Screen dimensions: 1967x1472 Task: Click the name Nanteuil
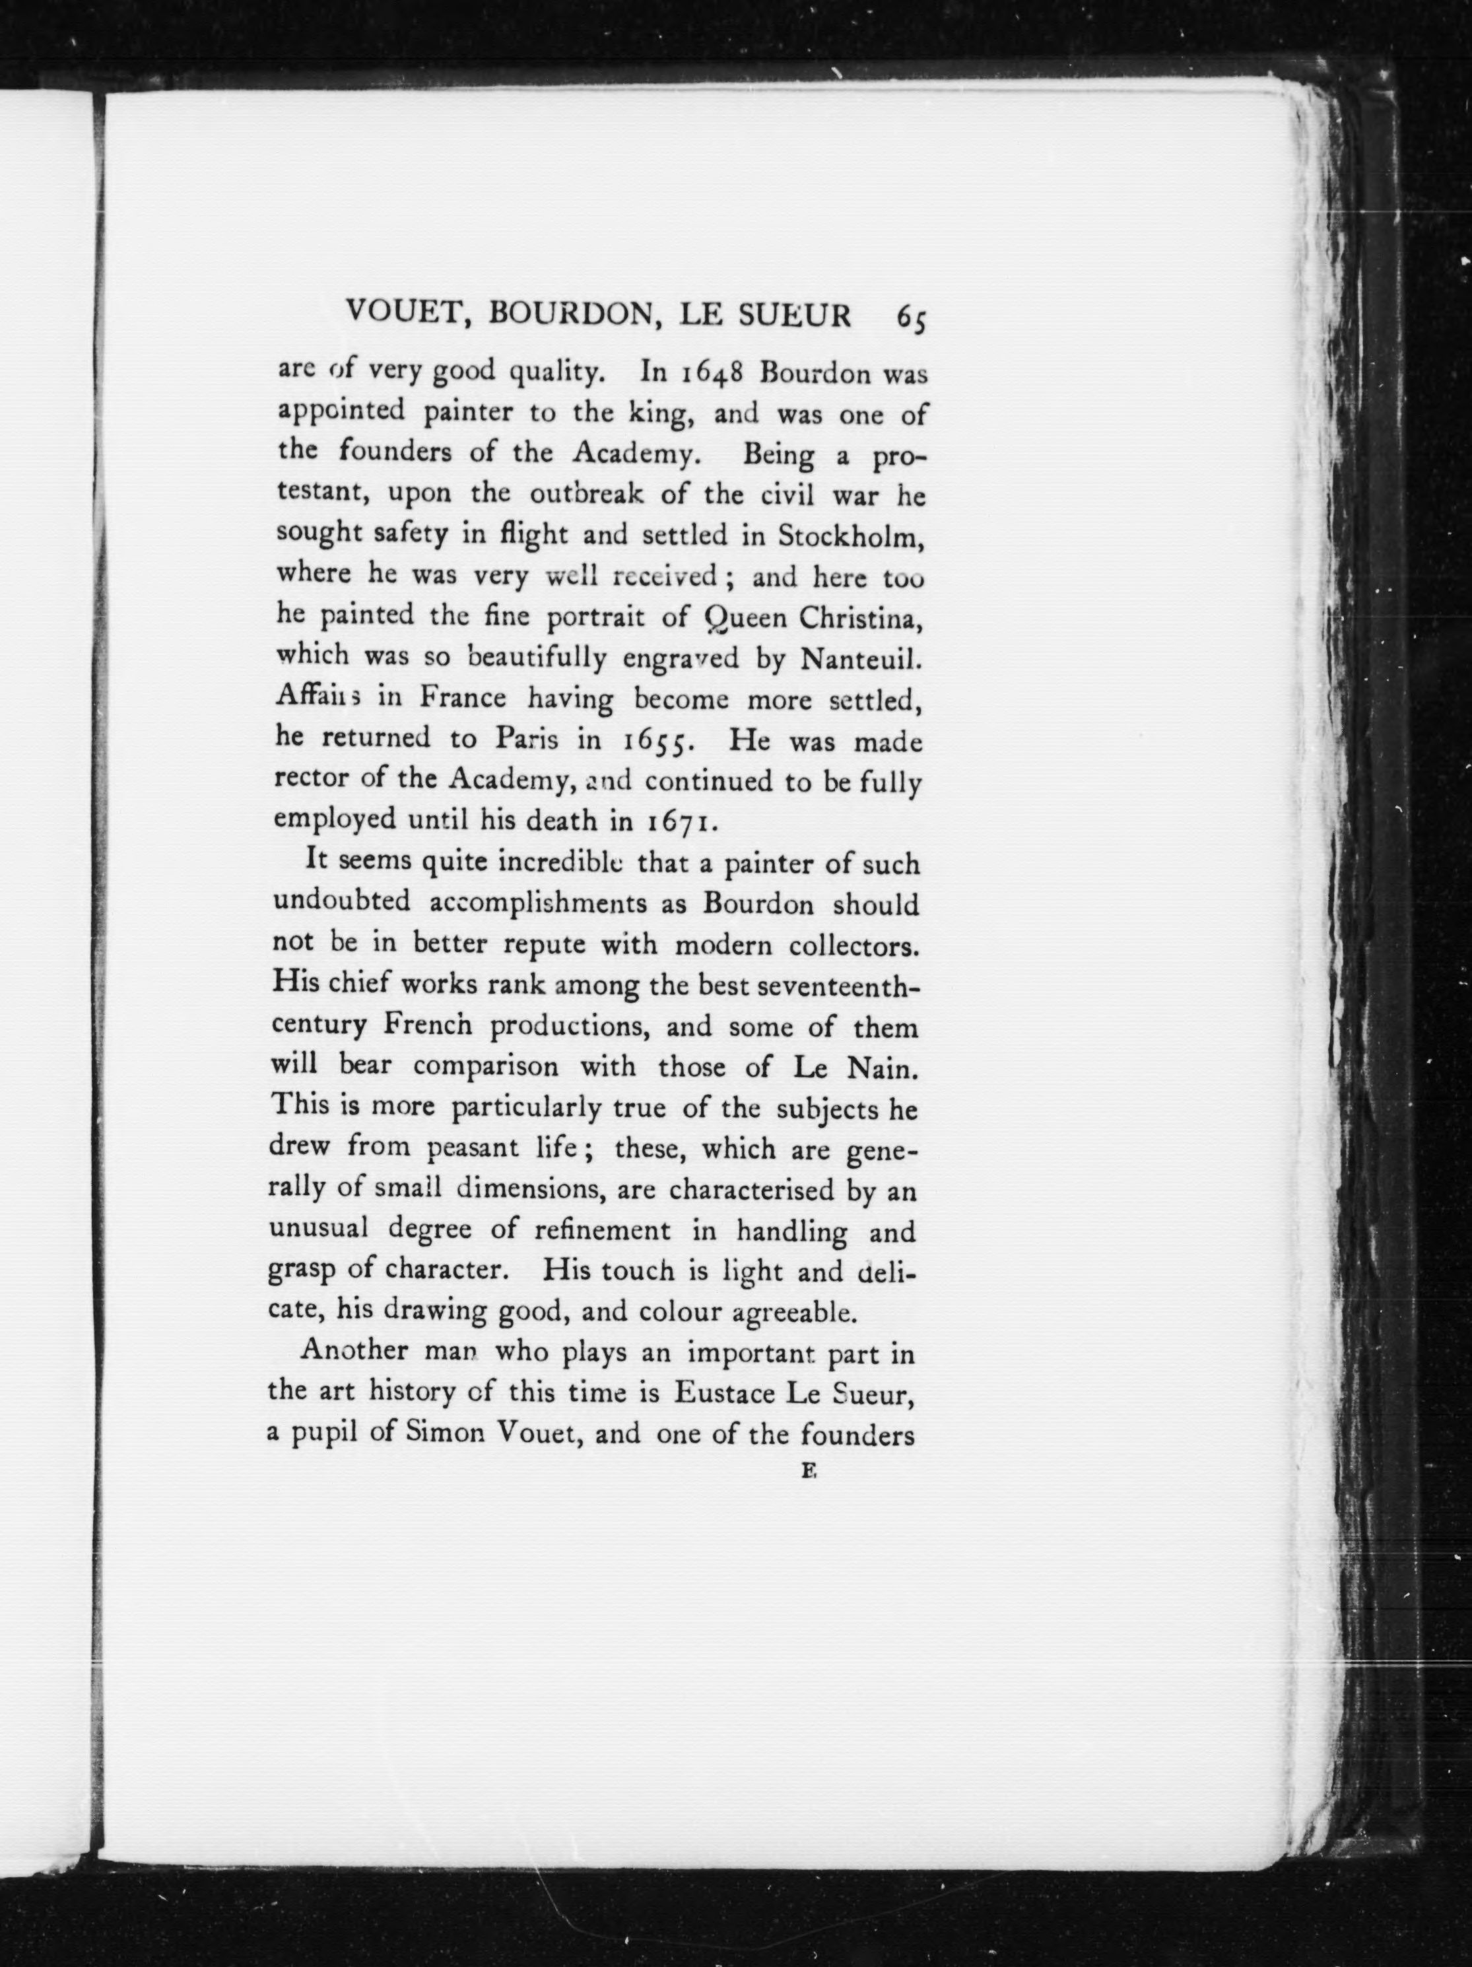point(861,658)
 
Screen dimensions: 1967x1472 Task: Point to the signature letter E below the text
point(808,1472)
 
